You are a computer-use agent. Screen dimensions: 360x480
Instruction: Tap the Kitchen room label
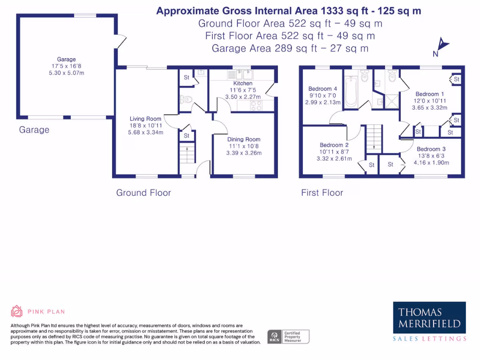click(x=243, y=83)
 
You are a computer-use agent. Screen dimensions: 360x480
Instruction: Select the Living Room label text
click(x=146, y=119)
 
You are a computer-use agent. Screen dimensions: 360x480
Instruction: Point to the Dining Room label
click(x=244, y=139)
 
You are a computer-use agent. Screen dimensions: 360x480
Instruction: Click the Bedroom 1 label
click(x=427, y=94)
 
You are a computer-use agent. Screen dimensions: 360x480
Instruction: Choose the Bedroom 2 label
click(x=334, y=145)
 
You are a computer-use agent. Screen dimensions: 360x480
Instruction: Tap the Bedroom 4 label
click(x=322, y=89)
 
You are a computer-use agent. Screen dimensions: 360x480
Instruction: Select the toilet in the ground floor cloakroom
click(x=186, y=99)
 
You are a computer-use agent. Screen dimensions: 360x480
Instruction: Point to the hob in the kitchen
click(x=256, y=105)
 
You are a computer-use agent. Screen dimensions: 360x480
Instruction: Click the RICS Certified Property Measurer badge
click(x=288, y=337)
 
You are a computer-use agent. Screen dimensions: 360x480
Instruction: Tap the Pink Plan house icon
click(x=17, y=311)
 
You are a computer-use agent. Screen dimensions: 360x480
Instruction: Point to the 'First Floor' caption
click(x=322, y=193)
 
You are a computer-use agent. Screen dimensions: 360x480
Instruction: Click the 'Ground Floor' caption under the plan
click(x=143, y=193)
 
